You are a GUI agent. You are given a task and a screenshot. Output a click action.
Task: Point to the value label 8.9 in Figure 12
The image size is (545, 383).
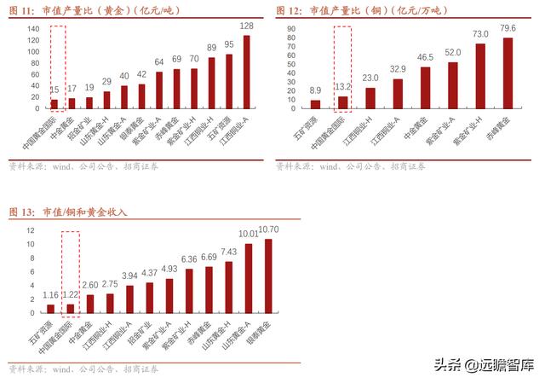[315, 90]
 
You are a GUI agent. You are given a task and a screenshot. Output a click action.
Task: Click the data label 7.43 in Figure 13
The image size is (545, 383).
[228, 252]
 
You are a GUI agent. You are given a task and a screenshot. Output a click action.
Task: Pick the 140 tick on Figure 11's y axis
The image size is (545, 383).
[33, 29]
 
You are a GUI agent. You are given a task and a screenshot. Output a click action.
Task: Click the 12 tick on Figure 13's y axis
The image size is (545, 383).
[31, 231]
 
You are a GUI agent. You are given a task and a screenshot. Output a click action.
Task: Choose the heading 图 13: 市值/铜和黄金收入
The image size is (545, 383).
[67, 211]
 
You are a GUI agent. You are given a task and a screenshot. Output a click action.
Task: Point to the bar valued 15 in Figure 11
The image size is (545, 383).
[54, 104]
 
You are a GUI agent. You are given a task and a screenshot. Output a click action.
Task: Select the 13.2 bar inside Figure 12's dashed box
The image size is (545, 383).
[342, 103]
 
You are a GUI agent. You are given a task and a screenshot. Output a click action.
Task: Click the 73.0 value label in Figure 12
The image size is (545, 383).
[480, 33]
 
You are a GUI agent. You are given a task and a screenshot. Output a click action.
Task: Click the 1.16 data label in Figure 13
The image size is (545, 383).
[50, 295]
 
